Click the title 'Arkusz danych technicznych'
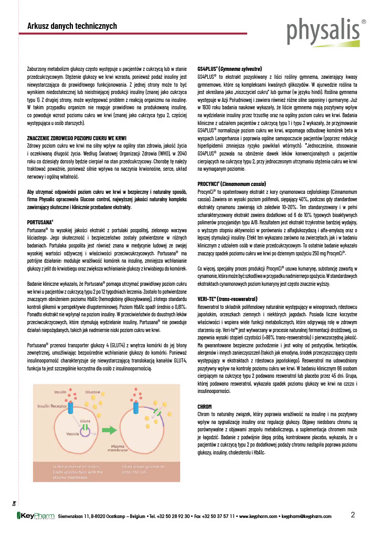click(72, 26)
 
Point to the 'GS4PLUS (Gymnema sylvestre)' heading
click(230, 69)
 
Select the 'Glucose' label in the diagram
click(93, 392)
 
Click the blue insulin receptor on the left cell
click(74, 407)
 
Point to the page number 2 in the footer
click(353, 514)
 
